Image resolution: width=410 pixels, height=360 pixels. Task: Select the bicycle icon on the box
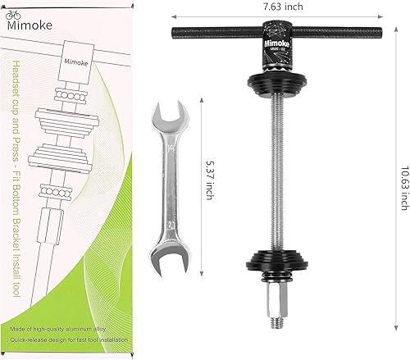point(16,16)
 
